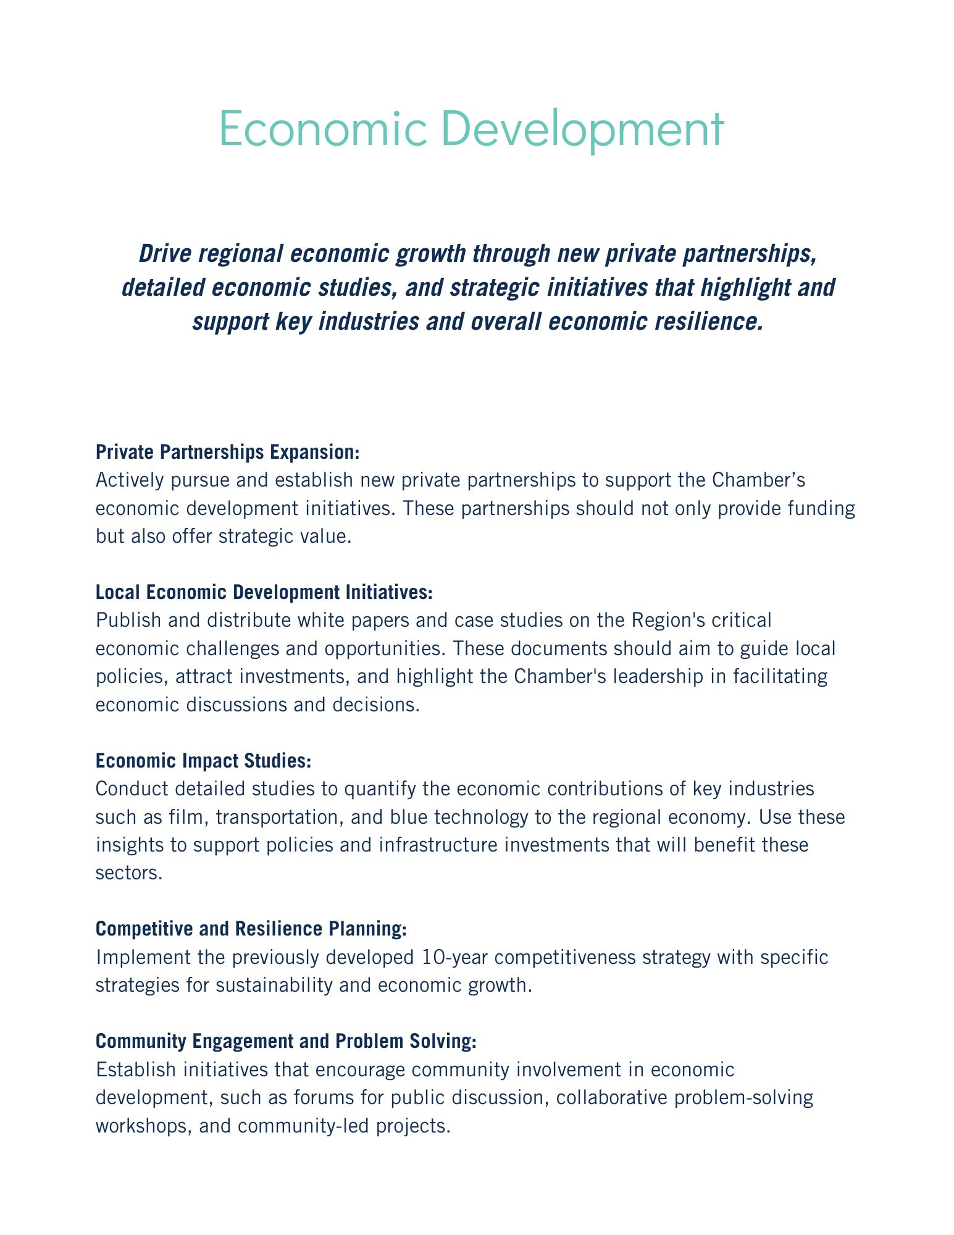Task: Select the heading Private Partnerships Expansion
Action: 227,452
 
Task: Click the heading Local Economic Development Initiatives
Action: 264,592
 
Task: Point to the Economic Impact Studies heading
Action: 203,761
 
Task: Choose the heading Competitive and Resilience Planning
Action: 251,929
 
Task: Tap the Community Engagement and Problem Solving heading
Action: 287,1041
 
